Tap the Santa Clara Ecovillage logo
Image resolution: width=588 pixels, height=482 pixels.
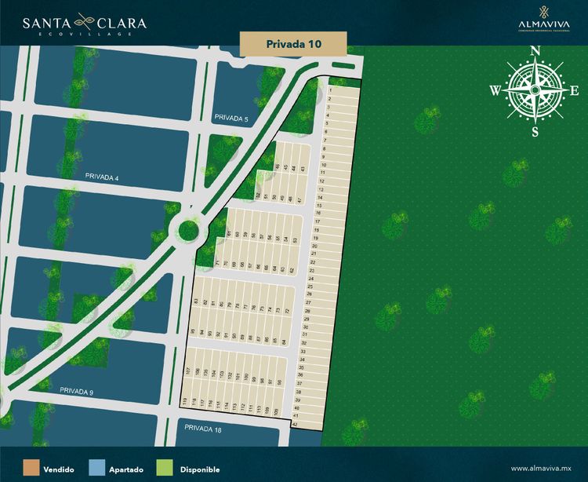coord(84,25)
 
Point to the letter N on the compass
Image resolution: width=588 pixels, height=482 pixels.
coord(535,52)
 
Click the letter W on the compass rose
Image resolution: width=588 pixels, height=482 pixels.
coord(495,91)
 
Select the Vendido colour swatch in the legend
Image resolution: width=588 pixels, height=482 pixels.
coord(31,469)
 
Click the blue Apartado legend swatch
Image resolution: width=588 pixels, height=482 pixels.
coord(97,469)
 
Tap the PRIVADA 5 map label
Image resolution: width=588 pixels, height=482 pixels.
coord(230,119)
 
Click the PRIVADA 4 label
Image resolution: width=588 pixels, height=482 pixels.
coord(101,178)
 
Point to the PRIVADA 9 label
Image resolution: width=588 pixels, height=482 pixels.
coord(76,391)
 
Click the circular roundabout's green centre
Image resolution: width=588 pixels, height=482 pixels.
coord(188,231)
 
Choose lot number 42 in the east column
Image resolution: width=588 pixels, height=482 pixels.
coord(295,424)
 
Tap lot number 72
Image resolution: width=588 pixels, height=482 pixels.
coord(288,312)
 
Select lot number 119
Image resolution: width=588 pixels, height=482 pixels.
coord(185,403)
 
